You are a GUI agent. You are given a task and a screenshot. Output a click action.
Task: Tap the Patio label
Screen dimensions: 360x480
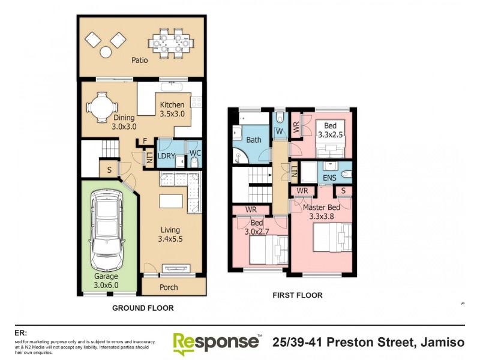tap(140, 60)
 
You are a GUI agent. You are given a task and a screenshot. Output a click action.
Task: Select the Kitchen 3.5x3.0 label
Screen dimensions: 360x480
tap(172, 109)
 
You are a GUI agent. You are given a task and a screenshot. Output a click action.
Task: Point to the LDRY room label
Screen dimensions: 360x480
tap(166, 155)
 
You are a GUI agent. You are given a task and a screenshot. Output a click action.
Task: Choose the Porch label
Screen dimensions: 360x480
tap(169, 287)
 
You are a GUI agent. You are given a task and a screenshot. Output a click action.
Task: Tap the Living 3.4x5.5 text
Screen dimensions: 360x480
tap(170, 235)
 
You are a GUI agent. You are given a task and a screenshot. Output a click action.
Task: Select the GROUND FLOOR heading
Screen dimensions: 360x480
tap(143, 308)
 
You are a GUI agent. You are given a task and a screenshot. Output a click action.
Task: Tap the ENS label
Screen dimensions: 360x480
tap(330, 178)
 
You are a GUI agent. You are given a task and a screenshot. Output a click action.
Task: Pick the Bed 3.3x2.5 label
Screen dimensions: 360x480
tap(330, 130)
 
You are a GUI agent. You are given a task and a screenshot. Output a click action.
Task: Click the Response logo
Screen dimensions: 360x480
tap(216, 343)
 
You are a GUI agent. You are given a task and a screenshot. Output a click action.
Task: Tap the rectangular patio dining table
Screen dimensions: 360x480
tap(172, 43)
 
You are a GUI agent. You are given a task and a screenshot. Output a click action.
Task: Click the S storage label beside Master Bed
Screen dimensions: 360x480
tap(343, 191)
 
